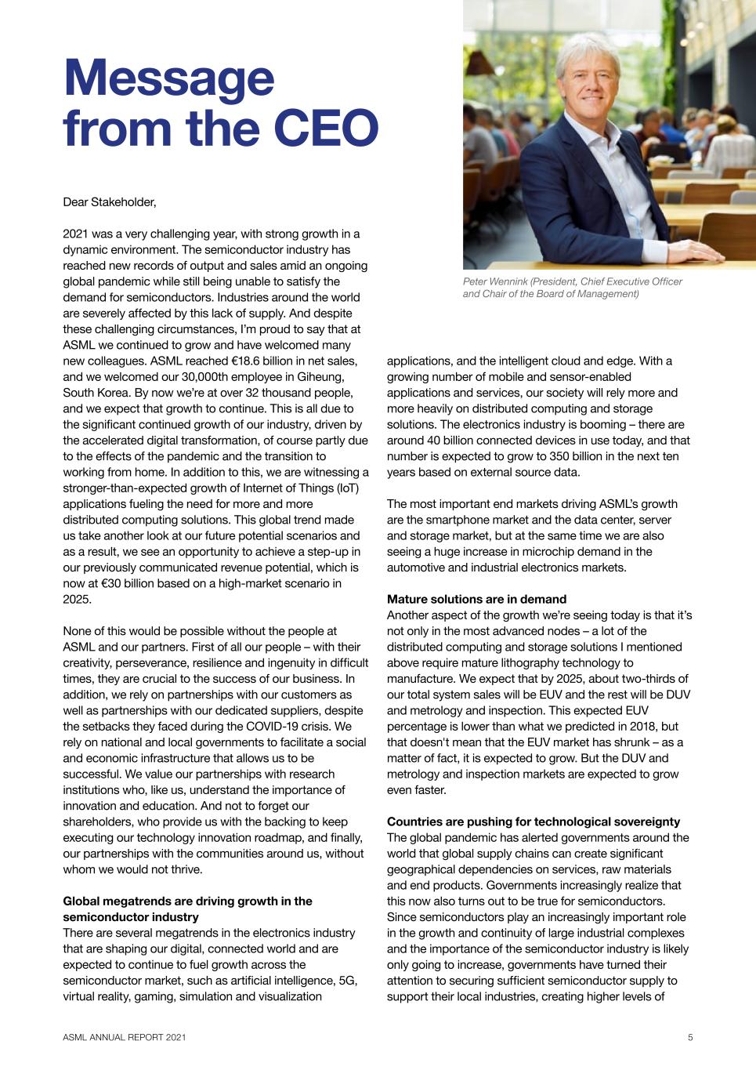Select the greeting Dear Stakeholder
click(x=109, y=202)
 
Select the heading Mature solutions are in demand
click(x=476, y=599)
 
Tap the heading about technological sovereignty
click(x=533, y=822)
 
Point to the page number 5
click(x=690, y=1038)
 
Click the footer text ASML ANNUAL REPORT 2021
click(x=125, y=1038)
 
